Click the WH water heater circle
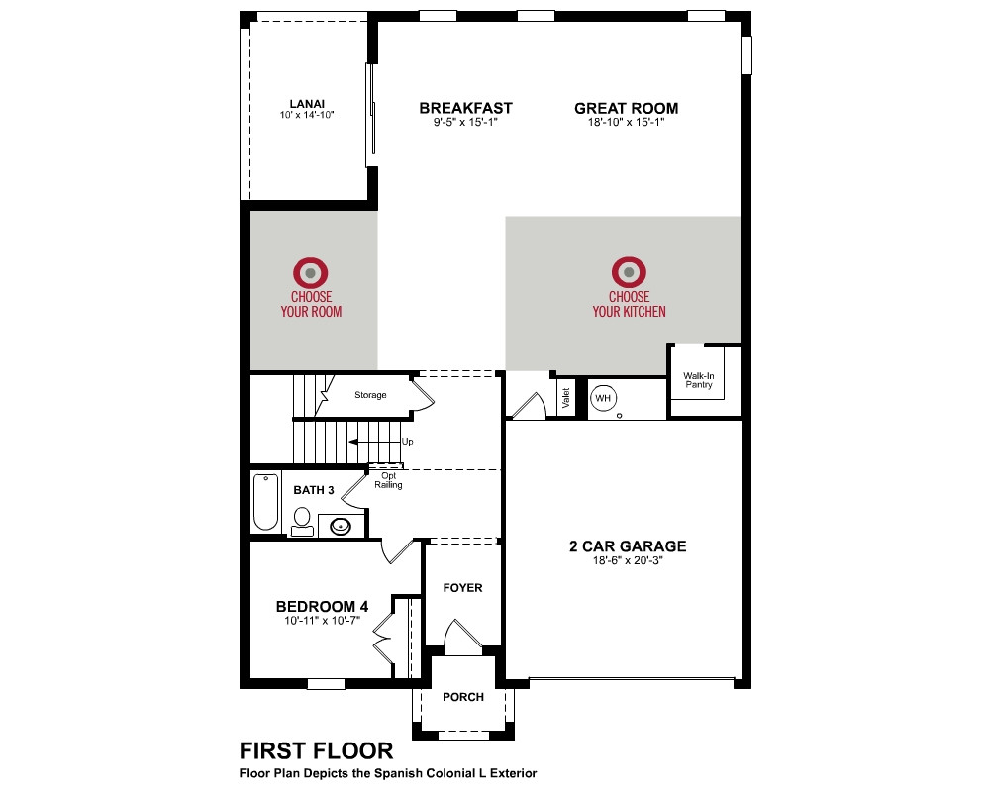pos(603,398)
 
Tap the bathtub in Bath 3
pos(265,502)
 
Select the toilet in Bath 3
pos(302,522)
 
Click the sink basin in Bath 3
pos(341,526)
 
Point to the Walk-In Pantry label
pos(698,380)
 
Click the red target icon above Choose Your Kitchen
pos(629,273)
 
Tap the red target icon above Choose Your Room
pos(311,273)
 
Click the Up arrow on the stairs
pos(374,441)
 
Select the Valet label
pos(565,398)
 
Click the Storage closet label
pos(370,395)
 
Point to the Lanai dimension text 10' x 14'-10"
pos(307,115)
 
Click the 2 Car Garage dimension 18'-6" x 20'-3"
pos(627,560)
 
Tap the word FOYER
pos(462,588)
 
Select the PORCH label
pos(463,697)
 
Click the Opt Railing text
pos(388,480)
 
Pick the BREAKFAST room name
pos(466,108)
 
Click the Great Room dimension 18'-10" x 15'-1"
pos(627,122)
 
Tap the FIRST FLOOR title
pos(317,751)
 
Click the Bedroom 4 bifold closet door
pos(382,638)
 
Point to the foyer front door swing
pos(462,636)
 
